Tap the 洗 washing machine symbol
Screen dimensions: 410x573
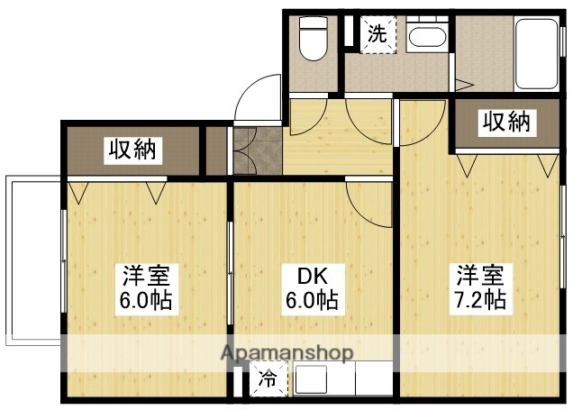click(378, 36)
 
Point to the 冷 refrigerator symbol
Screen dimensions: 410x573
click(268, 380)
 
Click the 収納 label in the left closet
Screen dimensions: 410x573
click(132, 150)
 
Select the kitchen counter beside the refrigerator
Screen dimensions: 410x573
click(341, 379)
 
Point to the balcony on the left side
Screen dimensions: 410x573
click(32, 261)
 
